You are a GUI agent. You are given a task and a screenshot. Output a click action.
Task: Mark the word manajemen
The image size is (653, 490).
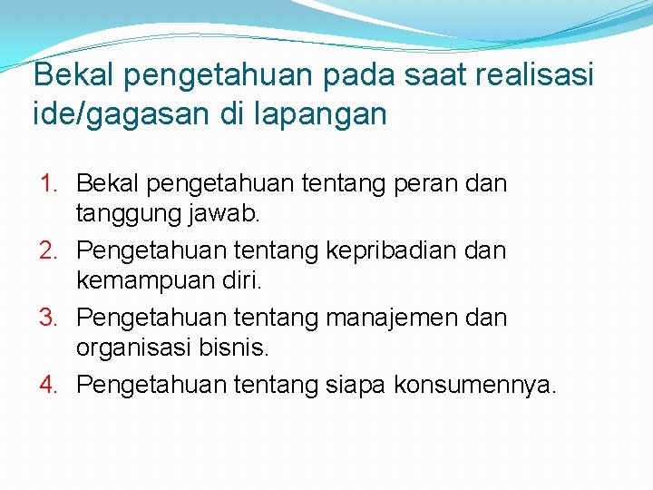403,318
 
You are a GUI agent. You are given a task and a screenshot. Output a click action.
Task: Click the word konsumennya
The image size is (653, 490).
476,385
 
